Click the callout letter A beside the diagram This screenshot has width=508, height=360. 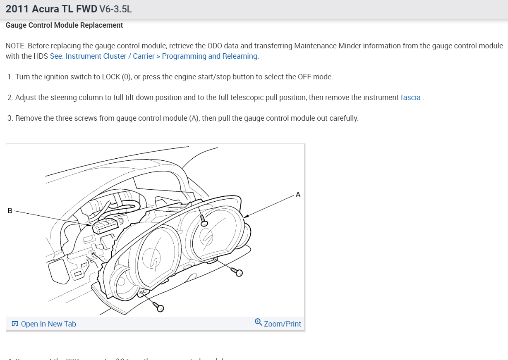(x=298, y=195)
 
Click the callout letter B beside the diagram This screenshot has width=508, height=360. (x=10, y=211)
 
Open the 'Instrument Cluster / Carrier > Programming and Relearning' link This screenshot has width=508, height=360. (x=154, y=56)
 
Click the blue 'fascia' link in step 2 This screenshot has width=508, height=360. (x=410, y=98)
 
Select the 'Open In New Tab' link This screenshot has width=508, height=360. (x=48, y=324)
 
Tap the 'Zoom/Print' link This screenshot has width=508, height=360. (x=283, y=324)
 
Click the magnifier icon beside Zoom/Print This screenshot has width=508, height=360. (x=259, y=322)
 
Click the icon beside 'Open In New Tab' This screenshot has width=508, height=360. (x=15, y=324)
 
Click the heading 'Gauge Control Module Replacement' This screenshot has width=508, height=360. (x=64, y=25)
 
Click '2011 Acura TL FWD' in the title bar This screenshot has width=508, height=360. (x=51, y=9)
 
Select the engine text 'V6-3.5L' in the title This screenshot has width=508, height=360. (x=115, y=9)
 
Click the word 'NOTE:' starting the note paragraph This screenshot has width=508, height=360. (x=16, y=46)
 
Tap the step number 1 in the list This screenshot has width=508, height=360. (x=10, y=77)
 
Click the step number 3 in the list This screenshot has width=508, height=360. (x=10, y=118)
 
